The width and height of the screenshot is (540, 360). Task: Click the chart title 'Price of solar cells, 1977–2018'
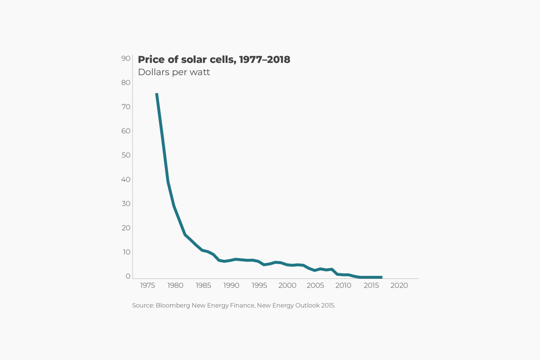coord(214,59)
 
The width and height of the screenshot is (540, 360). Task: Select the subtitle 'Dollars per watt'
coord(174,72)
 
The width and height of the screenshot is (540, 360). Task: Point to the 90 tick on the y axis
coord(126,58)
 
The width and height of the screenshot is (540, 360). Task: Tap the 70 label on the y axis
coord(126,107)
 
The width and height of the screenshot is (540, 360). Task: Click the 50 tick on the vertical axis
coord(126,155)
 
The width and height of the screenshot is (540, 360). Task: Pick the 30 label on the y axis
coord(126,204)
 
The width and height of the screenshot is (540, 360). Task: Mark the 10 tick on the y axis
coord(126,252)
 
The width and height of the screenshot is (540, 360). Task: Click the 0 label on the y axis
coord(128,276)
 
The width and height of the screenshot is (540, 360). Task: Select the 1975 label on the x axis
coord(147,285)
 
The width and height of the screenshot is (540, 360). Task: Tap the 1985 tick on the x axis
coord(203,285)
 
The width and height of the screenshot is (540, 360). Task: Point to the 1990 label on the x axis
coord(231,285)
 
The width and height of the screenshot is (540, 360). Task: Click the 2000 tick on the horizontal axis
coord(287,285)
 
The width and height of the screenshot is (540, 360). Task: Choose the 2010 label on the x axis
coord(343,285)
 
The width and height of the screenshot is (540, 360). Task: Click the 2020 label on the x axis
coord(399,285)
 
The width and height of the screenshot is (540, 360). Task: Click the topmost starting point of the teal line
coord(157,94)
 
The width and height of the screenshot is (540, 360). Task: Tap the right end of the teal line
coord(381,277)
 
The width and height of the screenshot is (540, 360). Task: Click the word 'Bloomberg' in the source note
coord(173,306)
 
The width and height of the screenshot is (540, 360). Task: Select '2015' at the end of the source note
coord(328,306)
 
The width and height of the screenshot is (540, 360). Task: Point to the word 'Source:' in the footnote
coord(143,306)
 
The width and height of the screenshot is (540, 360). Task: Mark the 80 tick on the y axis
coord(126,83)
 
